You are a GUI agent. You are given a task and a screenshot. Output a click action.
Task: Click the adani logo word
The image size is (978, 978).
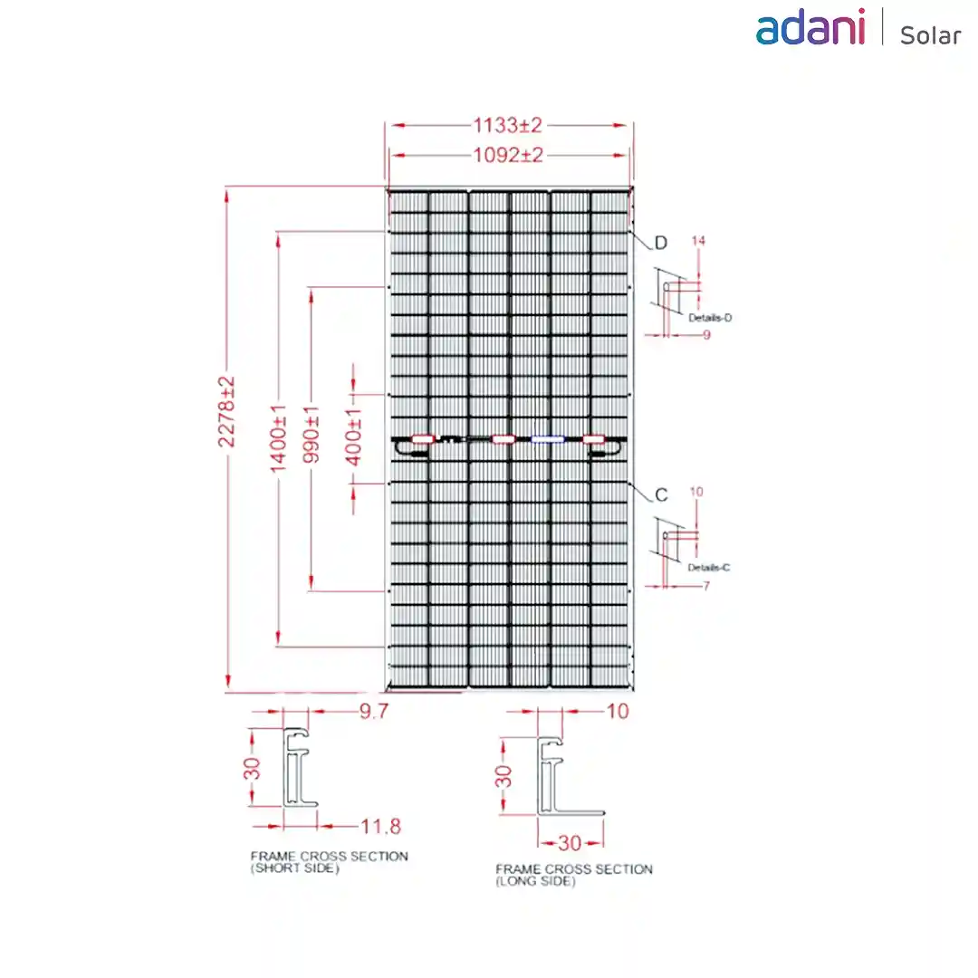[810, 27]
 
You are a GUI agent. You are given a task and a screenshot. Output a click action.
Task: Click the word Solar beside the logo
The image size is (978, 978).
[930, 35]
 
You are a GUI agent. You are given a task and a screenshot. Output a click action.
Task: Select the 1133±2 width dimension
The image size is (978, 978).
[507, 125]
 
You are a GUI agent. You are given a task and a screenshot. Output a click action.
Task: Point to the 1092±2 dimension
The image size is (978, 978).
[508, 155]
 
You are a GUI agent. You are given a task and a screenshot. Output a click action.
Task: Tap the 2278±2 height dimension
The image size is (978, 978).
[225, 412]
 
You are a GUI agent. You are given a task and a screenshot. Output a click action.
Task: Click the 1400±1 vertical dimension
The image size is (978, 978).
[278, 438]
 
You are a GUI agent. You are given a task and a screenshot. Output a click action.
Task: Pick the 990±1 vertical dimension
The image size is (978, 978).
[311, 435]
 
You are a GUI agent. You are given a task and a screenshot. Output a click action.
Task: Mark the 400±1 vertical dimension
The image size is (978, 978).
[353, 438]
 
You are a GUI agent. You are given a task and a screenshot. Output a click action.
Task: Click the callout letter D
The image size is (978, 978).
[660, 243]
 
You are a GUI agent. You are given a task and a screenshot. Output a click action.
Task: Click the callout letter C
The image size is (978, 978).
[661, 495]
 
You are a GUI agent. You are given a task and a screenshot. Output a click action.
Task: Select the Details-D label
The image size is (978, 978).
[710, 318]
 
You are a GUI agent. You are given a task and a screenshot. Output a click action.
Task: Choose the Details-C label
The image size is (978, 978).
[708, 568]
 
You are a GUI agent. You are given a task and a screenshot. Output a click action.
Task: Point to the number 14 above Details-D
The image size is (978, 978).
[698, 241]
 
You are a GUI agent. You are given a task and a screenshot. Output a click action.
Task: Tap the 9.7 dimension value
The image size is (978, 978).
[374, 711]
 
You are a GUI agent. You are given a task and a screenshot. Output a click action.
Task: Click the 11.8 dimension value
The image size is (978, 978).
[380, 827]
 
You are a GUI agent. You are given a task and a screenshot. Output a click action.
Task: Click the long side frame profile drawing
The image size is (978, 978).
[569, 777]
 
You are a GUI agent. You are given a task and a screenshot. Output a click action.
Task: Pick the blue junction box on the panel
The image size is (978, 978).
[547, 440]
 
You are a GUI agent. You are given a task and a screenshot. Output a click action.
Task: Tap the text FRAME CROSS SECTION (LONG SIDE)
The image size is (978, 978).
[574, 875]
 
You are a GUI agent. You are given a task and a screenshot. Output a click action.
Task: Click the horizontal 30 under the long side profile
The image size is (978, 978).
[570, 843]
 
